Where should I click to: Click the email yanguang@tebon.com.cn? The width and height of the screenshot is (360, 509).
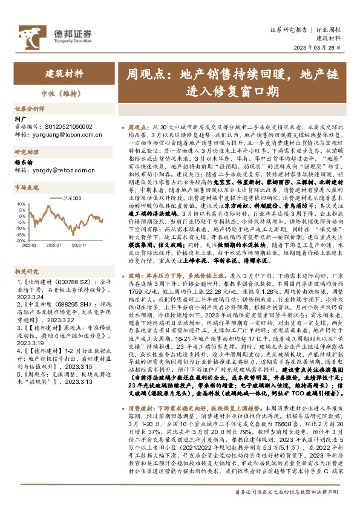tap(61, 135)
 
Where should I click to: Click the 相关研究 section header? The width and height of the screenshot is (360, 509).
tap(27, 271)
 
